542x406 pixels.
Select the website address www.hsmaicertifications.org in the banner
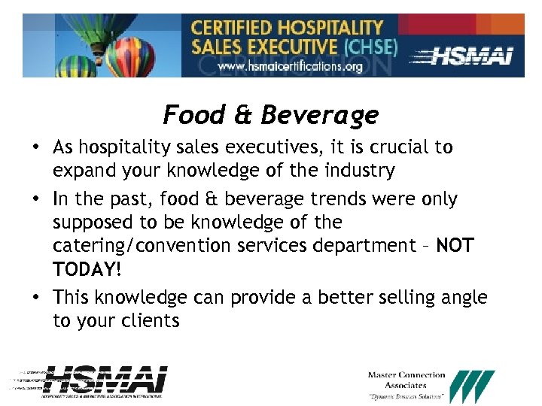290,65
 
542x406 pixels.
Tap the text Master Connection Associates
406,380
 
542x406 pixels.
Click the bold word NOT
455,246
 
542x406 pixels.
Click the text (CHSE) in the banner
370,47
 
